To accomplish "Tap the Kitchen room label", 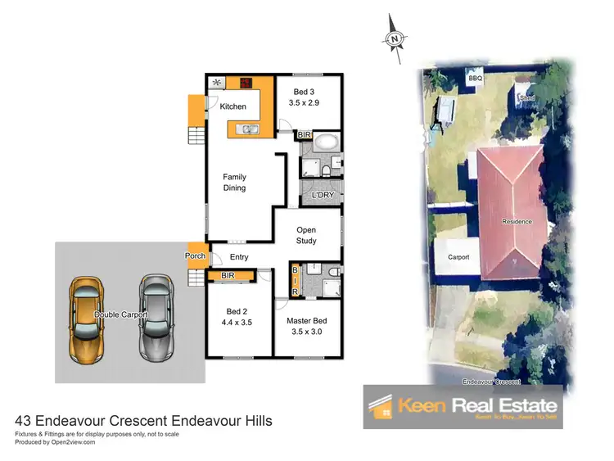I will pos(233,107).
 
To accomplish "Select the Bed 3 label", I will pos(302,97).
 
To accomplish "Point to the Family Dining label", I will pos(235,183).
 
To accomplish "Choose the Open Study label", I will pos(305,236).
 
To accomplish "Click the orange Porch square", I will pos(195,255).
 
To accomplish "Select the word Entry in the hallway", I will pos(239,258).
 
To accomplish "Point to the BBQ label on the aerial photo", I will pos(476,78).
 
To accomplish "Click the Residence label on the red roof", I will pos(517,222).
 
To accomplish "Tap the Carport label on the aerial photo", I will pos(458,256).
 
